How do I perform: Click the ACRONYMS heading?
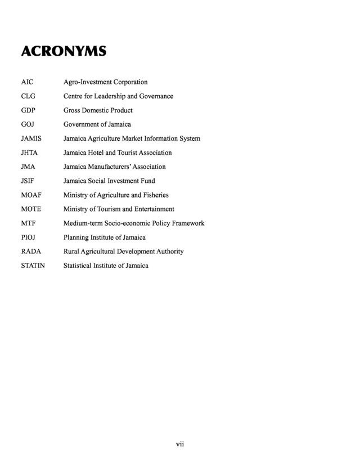click(x=64, y=52)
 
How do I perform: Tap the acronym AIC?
click(x=28, y=82)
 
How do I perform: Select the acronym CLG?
click(x=28, y=96)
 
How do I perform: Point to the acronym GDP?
click(x=28, y=110)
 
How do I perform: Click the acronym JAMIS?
click(x=31, y=138)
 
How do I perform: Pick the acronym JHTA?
click(x=29, y=153)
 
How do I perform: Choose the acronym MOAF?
click(x=31, y=195)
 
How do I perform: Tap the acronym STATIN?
click(x=33, y=266)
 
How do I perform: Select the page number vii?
click(x=180, y=444)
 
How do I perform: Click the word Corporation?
click(x=129, y=82)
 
